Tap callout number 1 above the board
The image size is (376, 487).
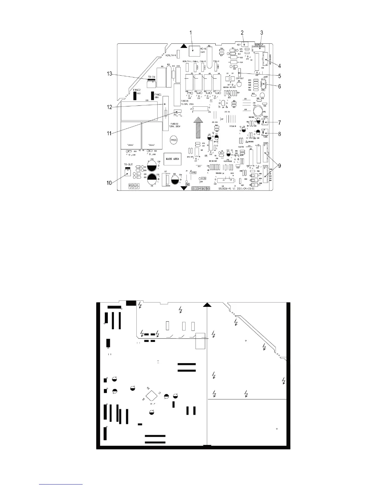[x=191, y=32]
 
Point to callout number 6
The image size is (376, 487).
[x=279, y=86]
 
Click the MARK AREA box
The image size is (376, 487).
[x=172, y=159]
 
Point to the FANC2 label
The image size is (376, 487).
[x=137, y=90]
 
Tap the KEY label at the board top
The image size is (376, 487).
[x=239, y=45]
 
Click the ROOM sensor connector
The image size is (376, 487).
[x=264, y=122]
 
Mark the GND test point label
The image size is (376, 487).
[x=187, y=184]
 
